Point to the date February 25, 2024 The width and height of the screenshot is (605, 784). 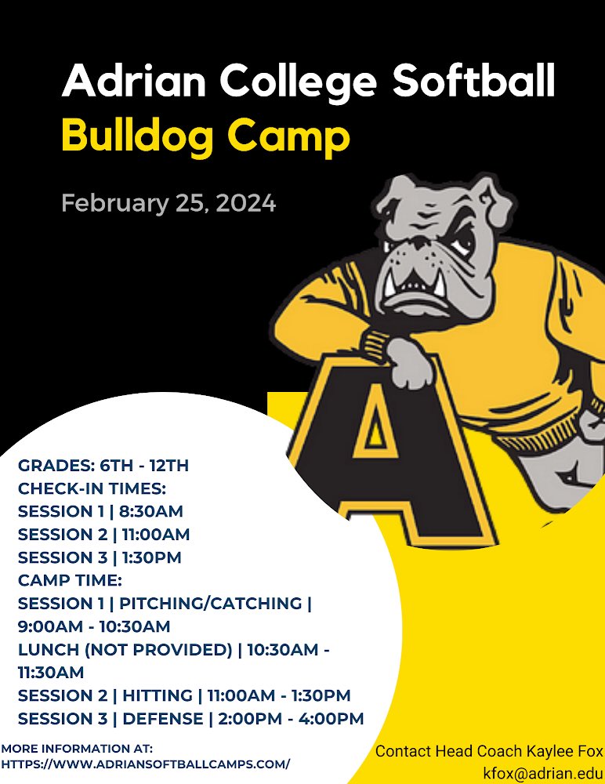click(x=168, y=204)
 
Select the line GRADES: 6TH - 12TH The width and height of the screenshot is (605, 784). click(x=103, y=466)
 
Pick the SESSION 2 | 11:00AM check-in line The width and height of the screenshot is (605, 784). click(x=103, y=535)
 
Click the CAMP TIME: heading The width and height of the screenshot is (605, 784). click(x=71, y=580)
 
